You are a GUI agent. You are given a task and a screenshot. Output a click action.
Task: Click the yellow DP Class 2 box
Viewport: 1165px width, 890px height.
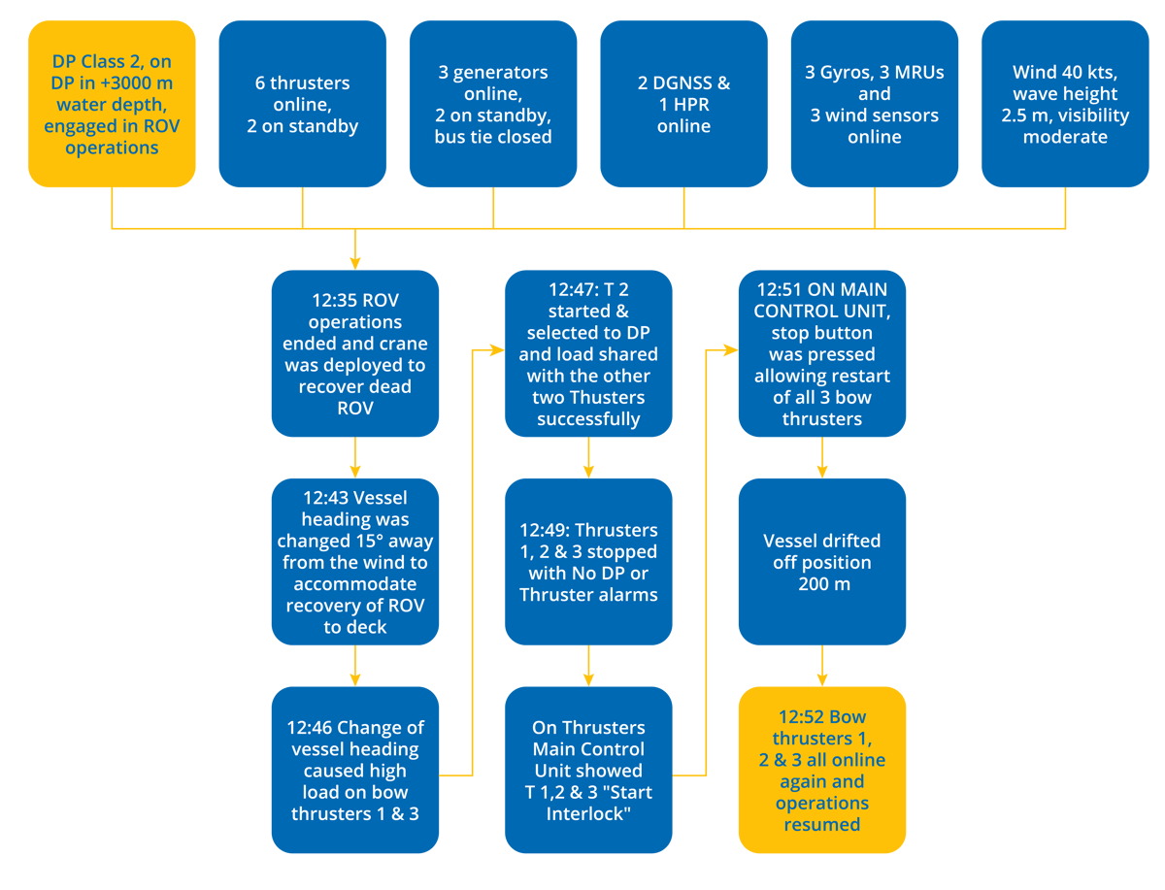[112, 104]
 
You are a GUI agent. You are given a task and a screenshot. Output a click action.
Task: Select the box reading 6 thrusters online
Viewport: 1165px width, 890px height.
[302, 104]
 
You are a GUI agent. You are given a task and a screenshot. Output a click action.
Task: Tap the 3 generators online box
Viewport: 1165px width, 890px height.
[492, 104]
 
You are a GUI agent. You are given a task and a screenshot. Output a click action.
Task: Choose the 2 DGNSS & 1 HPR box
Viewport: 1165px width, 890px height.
[683, 104]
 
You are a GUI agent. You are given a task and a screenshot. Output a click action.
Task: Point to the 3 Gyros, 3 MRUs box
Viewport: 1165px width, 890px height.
[874, 104]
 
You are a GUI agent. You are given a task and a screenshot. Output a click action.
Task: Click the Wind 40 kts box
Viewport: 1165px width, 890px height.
[1065, 104]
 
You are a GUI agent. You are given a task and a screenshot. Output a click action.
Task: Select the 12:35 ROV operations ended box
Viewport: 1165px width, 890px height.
[355, 353]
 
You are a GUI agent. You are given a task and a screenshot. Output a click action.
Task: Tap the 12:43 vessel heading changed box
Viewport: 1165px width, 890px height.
[355, 562]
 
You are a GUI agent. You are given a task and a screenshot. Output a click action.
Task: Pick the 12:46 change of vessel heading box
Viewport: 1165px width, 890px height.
[355, 770]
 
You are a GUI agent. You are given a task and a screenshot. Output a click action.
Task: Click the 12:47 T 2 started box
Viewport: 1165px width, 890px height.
[588, 353]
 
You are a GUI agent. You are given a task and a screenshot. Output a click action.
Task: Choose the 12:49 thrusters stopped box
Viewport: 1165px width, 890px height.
[588, 562]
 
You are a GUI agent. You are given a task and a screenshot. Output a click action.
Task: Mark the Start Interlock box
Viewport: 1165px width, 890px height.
[588, 770]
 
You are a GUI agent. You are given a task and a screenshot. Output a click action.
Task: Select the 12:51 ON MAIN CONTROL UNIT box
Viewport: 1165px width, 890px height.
[821, 353]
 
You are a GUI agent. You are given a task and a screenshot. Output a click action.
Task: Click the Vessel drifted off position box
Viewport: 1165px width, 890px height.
[821, 562]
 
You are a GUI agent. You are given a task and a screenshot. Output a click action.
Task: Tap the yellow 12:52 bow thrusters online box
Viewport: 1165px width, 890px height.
[821, 770]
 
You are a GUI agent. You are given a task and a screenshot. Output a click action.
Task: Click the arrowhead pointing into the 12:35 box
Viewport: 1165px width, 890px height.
[355, 262]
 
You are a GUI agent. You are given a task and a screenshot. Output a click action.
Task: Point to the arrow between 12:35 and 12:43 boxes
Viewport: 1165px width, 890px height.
[355, 457]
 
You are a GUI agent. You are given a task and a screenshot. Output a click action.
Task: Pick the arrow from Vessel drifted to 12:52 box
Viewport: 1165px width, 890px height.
[821, 666]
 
